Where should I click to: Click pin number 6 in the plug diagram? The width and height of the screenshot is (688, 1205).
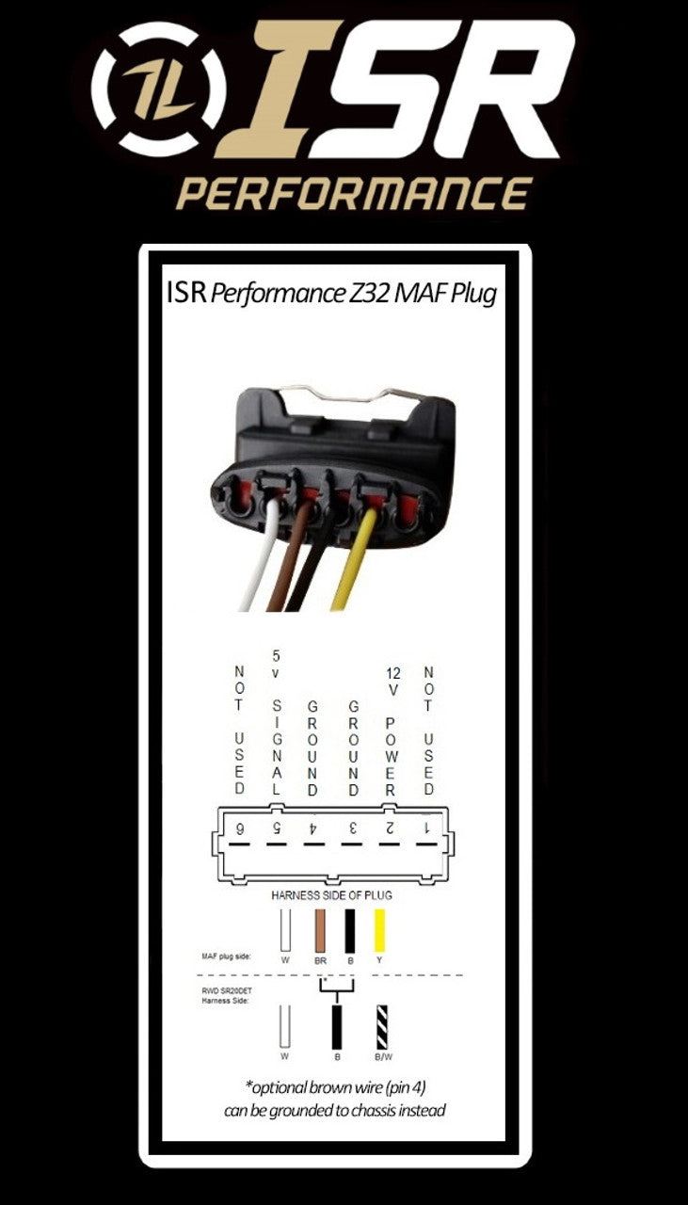239,829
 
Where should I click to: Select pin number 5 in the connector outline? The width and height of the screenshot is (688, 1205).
277,829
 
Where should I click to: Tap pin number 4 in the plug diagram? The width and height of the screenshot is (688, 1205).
313,829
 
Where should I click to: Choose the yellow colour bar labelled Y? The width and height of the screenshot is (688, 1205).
380,929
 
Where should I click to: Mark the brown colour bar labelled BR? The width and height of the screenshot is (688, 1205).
319,929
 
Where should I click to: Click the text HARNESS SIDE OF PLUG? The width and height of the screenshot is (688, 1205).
331,895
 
